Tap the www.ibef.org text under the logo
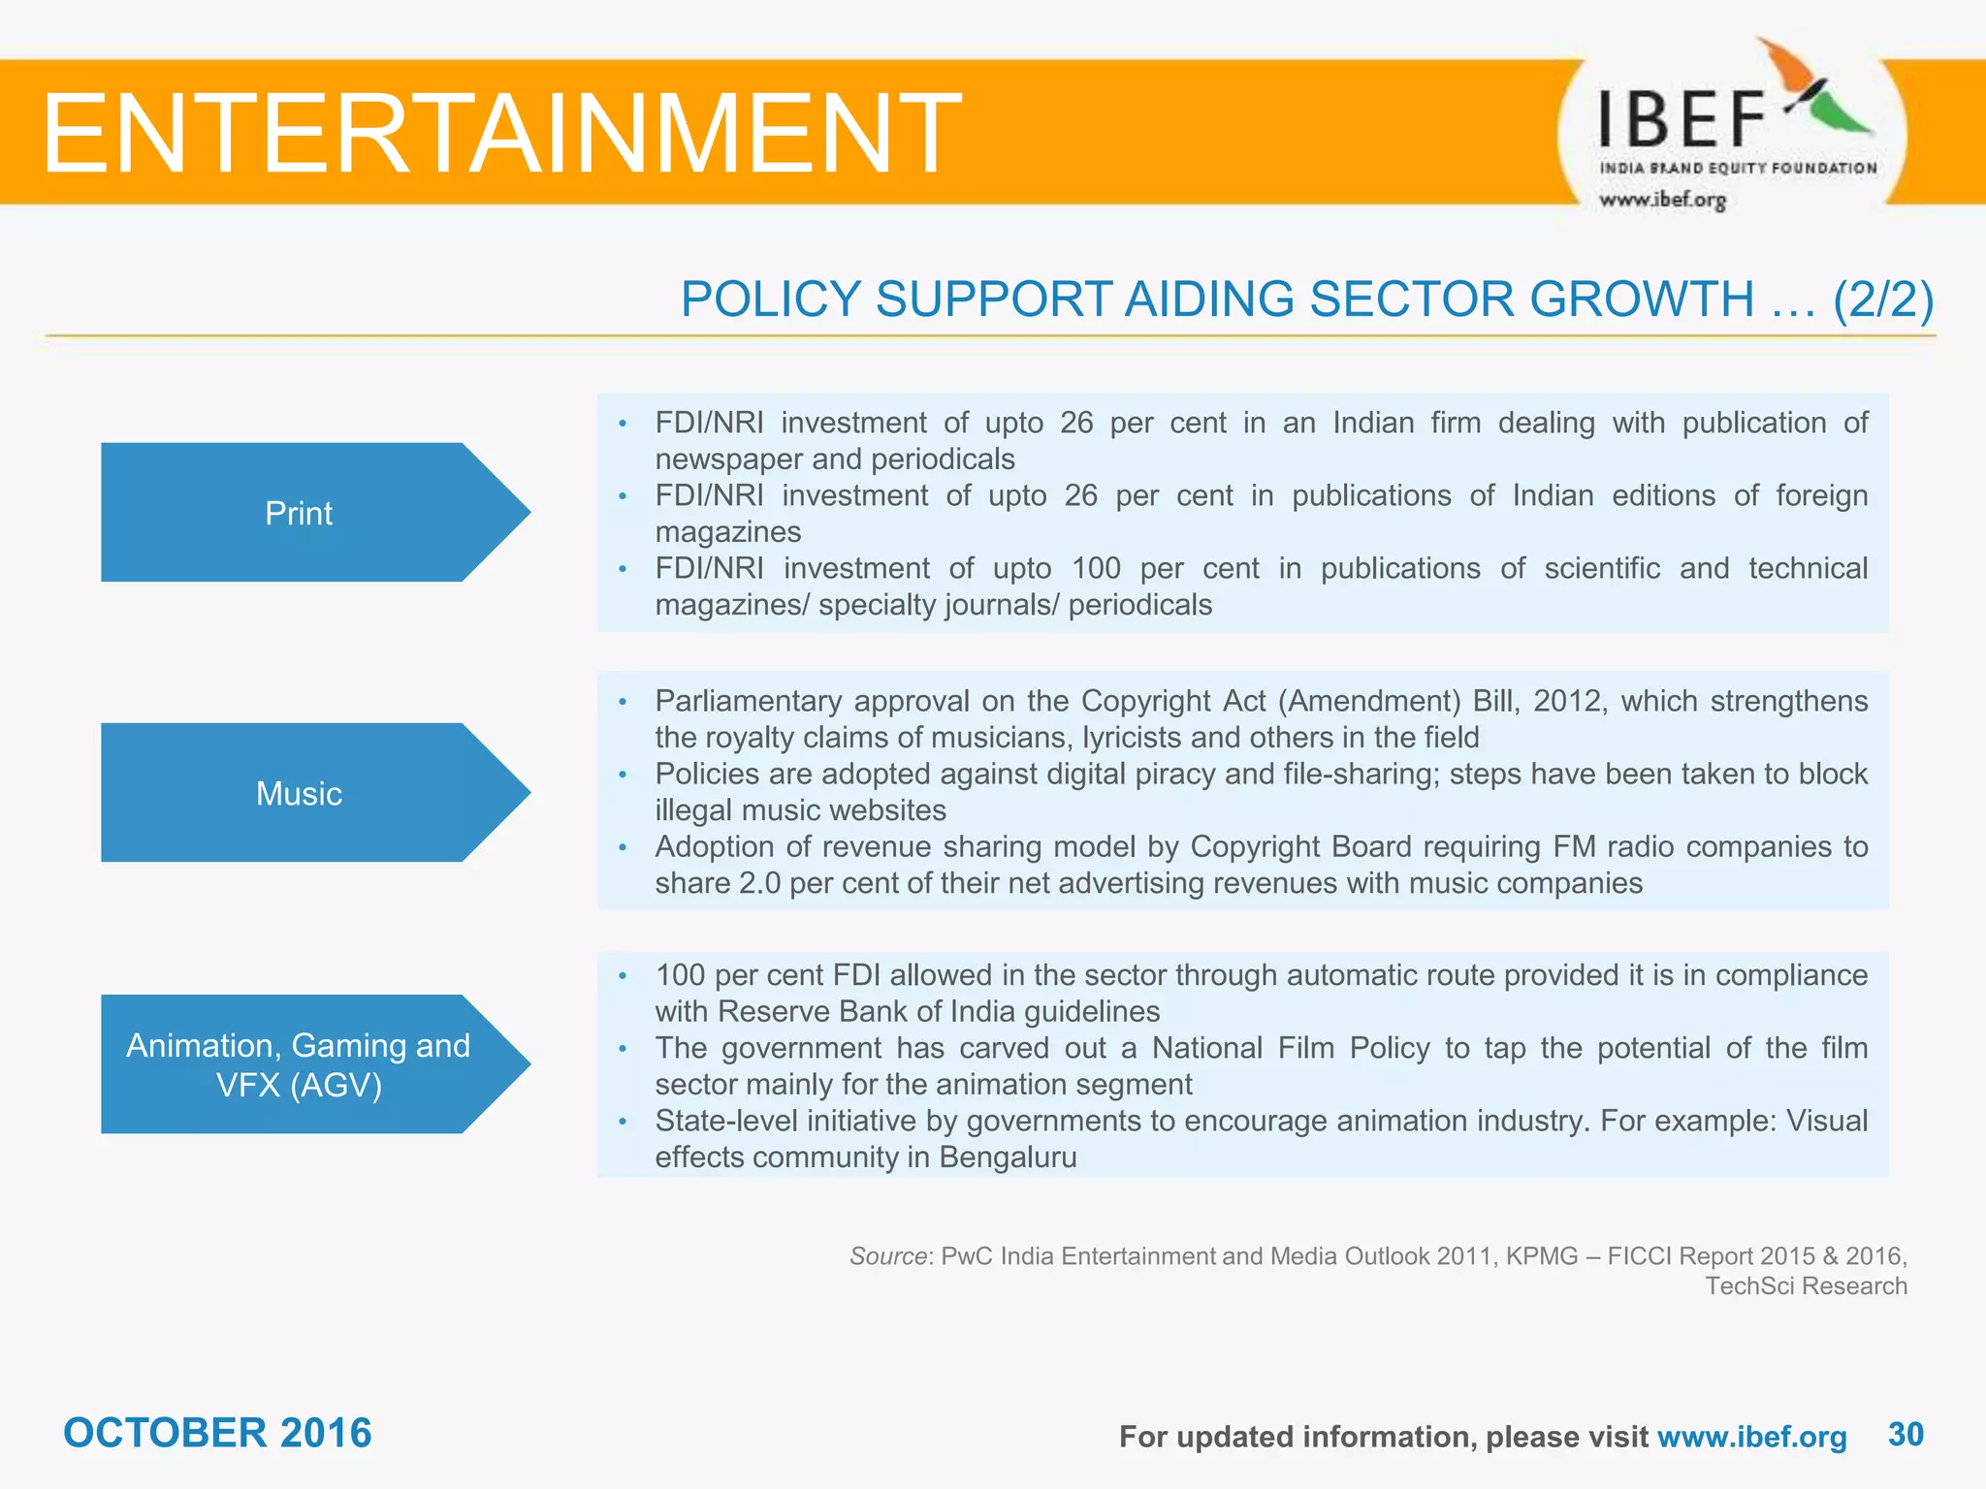click(1662, 201)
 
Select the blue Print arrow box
click(300, 513)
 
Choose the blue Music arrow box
click(300, 794)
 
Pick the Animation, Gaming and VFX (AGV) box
click(300, 1064)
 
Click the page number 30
click(1906, 1434)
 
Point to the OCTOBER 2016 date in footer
click(217, 1433)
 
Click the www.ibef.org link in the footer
click(1751, 1437)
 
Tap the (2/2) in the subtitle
click(1882, 299)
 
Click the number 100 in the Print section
click(1096, 568)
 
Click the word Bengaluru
click(1008, 1157)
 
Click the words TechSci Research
click(1806, 1286)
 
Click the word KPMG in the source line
click(1542, 1256)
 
